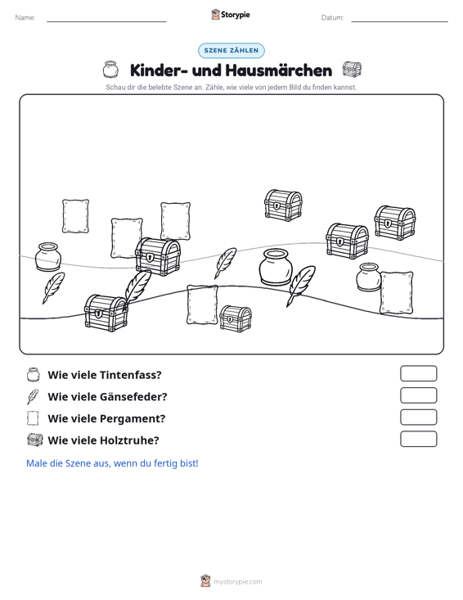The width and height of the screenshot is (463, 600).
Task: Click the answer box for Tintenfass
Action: pos(418,373)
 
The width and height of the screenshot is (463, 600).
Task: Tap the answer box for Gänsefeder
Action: pos(418,395)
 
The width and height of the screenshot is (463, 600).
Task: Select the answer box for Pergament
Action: pos(418,417)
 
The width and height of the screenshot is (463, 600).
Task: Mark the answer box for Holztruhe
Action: pos(418,439)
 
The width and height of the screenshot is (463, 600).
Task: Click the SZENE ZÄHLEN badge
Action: pos(231,51)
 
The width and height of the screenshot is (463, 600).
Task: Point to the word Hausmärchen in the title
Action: pos(279,70)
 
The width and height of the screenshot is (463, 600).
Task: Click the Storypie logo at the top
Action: pos(231,15)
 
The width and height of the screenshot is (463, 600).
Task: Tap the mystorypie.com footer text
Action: pos(237,582)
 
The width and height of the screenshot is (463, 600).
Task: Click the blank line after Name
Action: pos(106,21)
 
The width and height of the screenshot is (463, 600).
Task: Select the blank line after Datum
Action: pos(399,21)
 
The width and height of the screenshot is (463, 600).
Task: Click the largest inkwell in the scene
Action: pos(276,267)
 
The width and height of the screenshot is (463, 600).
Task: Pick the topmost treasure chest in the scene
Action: pos(283,205)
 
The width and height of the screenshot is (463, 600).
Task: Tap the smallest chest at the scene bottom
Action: pos(236,318)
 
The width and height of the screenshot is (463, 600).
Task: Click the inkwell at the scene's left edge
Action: pos(47,257)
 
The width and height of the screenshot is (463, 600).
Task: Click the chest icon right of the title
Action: pos(352,70)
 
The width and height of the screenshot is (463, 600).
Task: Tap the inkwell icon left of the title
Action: pos(110,70)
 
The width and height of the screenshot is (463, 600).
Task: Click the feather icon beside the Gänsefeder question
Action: pos(33,396)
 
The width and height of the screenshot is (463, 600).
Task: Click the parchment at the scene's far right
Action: pos(397,293)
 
